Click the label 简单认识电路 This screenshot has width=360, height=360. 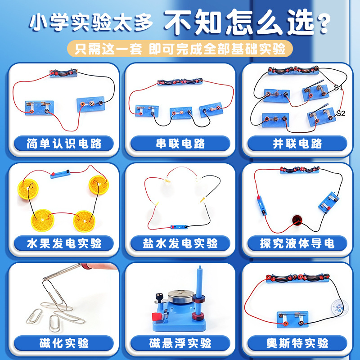[64, 144]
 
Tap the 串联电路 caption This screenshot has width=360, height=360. [180, 144]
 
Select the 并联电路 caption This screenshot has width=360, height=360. [297, 144]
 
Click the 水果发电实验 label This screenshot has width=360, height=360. [64, 243]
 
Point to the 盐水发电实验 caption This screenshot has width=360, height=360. [180, 243]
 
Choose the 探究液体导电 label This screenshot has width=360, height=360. [297, 243]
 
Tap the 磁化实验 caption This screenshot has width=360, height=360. [64, 343]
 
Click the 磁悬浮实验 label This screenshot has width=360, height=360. [180, 343]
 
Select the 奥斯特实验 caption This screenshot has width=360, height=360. [297, 343]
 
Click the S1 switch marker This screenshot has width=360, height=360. [338, 87]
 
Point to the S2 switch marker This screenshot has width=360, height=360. [341, 113]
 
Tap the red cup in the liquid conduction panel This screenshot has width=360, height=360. [297, 220]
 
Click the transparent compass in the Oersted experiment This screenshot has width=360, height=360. [340, 306]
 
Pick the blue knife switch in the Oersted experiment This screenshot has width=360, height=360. [292, 319]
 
